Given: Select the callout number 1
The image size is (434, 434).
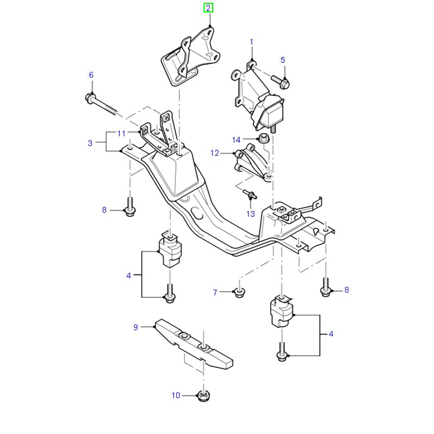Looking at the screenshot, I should tap(252, 42).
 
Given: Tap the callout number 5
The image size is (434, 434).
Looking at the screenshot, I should tap(282, 60).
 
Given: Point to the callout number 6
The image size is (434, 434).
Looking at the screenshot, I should tap(91, 74).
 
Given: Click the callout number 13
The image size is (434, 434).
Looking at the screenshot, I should tap(250, 214).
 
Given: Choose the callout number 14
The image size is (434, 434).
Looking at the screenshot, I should tap(237, 140).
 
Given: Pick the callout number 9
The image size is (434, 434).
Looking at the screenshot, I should tap(136, 327).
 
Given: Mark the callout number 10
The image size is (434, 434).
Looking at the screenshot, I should tap(175, 395).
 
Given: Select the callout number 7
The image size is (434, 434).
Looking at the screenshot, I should tap(215, 293).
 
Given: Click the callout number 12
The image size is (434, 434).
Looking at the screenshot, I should tap(214, 154).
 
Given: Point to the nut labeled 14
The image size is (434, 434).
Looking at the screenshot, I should tap(261, 138).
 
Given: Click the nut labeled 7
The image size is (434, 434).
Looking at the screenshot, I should tap(238, 293).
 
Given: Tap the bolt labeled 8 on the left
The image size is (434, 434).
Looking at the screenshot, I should tap(130, 208).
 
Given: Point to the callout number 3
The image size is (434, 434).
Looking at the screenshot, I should tap(90, 143).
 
